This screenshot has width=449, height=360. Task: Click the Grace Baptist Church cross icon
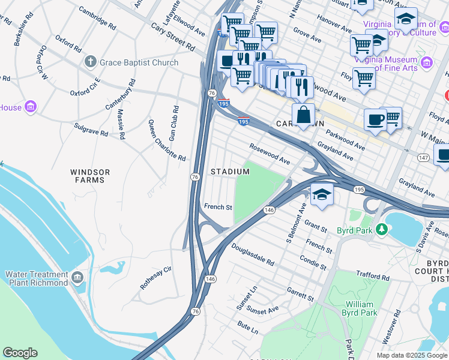[x=91, y=62]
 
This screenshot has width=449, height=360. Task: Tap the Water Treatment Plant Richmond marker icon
[x=77, y=277]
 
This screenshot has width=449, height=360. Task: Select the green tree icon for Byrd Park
[x=381, y=229]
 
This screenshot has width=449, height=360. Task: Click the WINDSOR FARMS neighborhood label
[x=92, y=176]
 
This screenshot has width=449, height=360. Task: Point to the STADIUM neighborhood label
[x=230, y=172]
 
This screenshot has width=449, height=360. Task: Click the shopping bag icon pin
[x=304, y=114]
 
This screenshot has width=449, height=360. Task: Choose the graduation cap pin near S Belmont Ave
[x=322, y=194]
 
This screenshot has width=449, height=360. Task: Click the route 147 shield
[x=424, y=157]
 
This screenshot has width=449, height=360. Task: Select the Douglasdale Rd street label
[x=252, y=254]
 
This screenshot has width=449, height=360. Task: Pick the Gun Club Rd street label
[x=173, y=124]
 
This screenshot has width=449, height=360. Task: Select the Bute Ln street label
[x=247, y=328]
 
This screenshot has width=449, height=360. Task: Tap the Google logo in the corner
[x=20, y=353]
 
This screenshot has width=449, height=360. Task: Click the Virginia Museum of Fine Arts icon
[x=427, y=62]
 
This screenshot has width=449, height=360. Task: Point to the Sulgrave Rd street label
[x=91, y=129]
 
